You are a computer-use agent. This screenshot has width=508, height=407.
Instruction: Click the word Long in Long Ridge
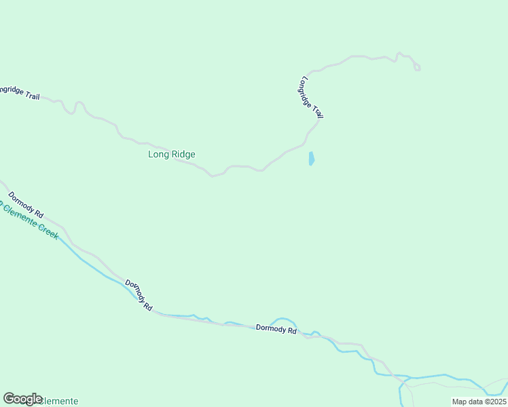point(158,155)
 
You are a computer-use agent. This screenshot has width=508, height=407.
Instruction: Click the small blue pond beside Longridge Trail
point(311,159)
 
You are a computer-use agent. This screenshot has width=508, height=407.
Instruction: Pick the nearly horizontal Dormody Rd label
point(276,330)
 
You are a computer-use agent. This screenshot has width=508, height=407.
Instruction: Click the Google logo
point(23,399)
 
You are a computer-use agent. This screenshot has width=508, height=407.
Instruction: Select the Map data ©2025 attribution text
point(479,402)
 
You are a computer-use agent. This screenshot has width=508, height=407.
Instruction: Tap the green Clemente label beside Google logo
point(60,401)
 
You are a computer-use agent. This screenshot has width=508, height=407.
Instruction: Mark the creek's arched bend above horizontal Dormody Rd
point(284,319)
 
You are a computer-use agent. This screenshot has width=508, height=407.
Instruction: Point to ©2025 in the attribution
point(493,402)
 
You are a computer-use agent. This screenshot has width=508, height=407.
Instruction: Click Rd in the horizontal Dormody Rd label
point(292,331)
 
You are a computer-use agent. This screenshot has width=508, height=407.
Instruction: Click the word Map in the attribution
point(460,402)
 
